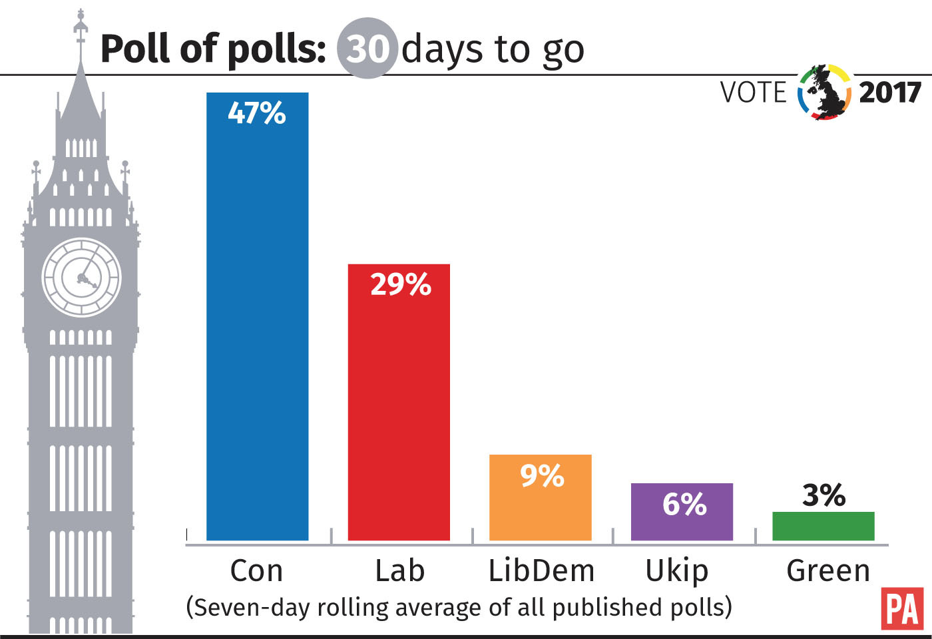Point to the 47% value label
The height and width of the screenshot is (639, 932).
(x=257, y=113)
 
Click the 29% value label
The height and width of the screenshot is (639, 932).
(x=400, y=285)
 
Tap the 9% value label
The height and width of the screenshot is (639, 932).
(x=542, y=476)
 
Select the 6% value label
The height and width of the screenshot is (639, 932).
(x=684, y=505)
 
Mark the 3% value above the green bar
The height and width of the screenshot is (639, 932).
(x=823, y=495)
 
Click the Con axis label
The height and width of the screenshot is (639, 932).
(x=256, y=571)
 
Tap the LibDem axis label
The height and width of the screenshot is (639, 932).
(x=541, y=571)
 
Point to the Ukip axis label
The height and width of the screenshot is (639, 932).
(x=677, y=571)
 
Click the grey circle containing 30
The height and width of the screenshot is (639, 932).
(x=367, y=49)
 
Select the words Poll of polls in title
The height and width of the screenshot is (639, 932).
(x=213, y=49)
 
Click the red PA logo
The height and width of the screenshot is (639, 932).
(x=902, y=608)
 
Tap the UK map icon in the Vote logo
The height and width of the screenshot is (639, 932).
(x=825, y=93)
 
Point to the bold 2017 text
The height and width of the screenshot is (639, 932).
(x=889, y=93)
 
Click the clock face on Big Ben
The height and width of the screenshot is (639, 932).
(x=82, y=277)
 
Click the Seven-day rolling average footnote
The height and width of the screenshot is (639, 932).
(x=459, y=607)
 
